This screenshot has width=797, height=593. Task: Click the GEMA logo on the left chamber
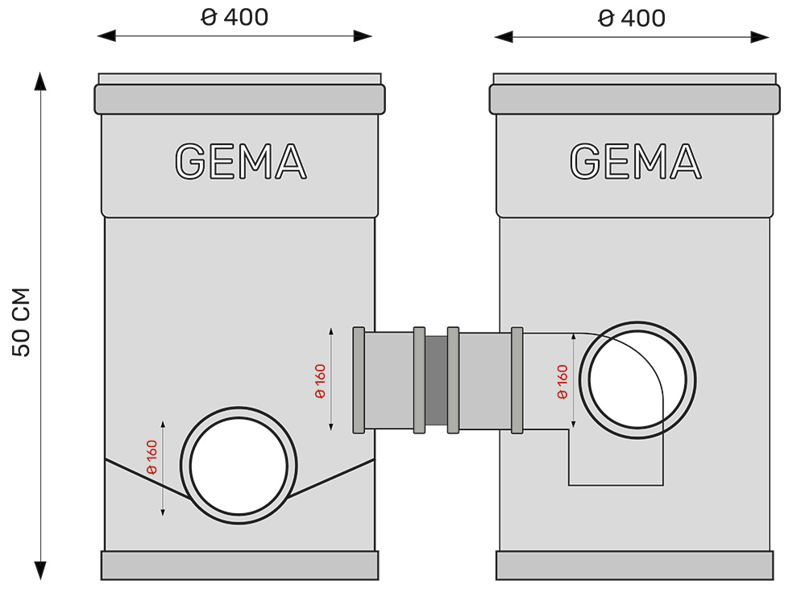tap(240, 161)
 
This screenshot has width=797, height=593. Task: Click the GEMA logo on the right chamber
tap(635, 161)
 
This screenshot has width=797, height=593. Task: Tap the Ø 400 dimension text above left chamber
tap(235, 18)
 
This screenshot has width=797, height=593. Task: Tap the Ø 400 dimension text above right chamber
tap(632, 18)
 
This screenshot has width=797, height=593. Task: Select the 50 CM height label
tap(22, 322)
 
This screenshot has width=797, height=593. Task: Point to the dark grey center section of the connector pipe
tap(436, 381)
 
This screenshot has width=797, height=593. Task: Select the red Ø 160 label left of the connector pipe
tap(320, 381)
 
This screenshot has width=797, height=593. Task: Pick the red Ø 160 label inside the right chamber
tap(562, 381)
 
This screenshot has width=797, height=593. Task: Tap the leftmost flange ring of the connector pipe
tap(359, 379)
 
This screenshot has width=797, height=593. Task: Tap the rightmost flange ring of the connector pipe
tap(517, 379)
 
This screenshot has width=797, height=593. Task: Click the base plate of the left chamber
tap(239, 566)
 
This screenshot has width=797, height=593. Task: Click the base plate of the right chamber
tap(634, 566)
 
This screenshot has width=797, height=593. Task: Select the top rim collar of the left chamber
tap(239, 99)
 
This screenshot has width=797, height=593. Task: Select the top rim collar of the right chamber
tap(635, 99)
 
